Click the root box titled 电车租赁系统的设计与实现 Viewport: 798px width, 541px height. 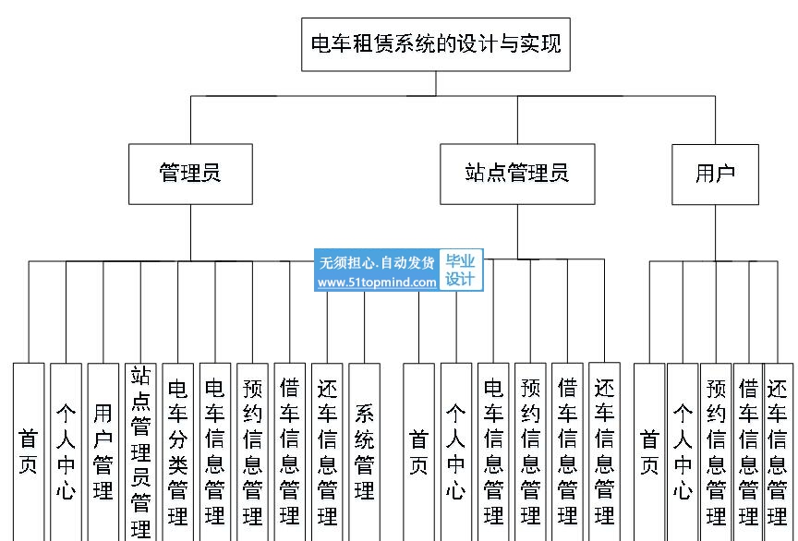(436, 44)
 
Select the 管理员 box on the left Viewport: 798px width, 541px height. (190, 174)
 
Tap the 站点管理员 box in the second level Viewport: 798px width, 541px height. (517, 174)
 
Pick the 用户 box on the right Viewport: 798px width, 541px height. (715, 174)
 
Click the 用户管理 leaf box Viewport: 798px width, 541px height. (103, 452)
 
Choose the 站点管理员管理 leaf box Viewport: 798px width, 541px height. (140, 452)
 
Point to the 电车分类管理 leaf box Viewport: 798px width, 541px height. (177, 452)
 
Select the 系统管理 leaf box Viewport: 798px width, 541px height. (365, 452)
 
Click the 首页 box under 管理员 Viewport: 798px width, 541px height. (29, 452)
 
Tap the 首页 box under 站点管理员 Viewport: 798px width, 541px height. (418, 452)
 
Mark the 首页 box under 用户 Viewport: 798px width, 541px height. (649, 452)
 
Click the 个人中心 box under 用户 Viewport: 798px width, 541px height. (683, 452)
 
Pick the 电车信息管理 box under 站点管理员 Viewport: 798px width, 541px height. (493, 452)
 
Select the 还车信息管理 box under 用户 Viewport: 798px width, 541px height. (779, 452)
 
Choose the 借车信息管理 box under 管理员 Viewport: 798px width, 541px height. (290, 452)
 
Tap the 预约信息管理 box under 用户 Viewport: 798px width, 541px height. (716, 452)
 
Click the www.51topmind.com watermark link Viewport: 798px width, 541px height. (377, 282)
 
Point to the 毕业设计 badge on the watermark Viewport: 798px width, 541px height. (461, 270)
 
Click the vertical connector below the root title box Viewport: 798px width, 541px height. (436, 83)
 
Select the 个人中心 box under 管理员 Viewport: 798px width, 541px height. (66, 452)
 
